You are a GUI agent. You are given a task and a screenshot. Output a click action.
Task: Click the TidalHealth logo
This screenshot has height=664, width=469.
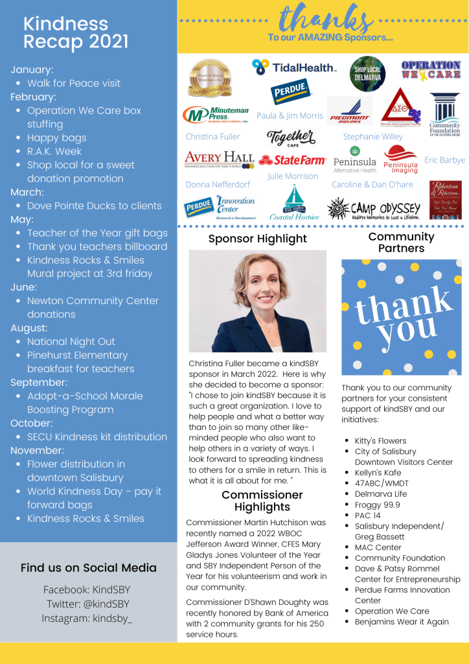tap(294, 67)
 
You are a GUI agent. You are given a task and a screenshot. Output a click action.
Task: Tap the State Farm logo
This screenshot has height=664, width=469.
tap(292, 160)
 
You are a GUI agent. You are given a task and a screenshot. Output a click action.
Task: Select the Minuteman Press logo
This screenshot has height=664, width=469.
tap(216, 115)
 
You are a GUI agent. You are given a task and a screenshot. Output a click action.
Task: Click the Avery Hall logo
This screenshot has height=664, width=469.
tap(219, 159)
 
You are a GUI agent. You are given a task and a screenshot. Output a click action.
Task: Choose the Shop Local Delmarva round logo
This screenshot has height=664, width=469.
tap(367, 74)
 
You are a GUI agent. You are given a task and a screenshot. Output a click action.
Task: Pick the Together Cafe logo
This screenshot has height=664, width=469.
tap(292, 137)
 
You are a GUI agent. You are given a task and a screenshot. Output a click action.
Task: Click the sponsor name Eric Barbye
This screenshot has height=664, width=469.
tap(444, 160)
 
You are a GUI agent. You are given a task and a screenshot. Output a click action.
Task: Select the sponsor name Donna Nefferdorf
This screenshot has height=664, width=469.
tap(217, 185)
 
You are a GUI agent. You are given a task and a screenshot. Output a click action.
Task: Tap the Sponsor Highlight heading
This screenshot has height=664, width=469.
tap(257, 239)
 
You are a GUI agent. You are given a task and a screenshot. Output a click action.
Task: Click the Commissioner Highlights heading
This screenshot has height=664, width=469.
tap(262, 501)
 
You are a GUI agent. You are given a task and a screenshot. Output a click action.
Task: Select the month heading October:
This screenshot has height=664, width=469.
tap(32, 423)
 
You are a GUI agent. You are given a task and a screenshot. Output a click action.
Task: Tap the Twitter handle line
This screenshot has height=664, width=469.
tap(88, 604)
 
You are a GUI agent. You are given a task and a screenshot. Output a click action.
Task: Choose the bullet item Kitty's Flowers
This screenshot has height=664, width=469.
tap(380, 441)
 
